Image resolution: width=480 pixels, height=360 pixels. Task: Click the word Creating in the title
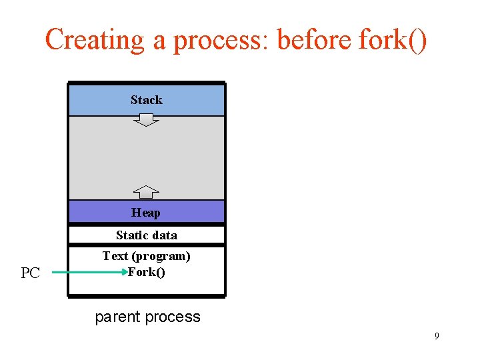click(94, 40)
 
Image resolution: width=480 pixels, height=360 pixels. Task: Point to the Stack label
click(147, 100)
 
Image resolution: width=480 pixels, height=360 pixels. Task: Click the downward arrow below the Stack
click(147, 120)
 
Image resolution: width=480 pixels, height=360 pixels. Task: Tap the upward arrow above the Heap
click(147, 192)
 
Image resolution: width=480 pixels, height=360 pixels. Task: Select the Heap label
click(146, 213)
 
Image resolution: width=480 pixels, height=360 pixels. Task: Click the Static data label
click(147, 235)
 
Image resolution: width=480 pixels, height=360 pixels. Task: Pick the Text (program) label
click(147, 256)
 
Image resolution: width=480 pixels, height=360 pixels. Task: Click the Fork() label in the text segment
click(147, 271)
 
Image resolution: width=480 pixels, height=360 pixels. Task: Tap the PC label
click(31, 273)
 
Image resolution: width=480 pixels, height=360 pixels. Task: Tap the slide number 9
click(437, 336)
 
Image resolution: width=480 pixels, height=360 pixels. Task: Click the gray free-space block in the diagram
click(147, 157)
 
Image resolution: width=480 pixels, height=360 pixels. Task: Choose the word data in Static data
click(165, 235)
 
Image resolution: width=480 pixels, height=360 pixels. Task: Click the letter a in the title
click(159, 41)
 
